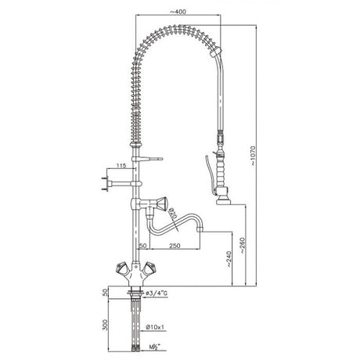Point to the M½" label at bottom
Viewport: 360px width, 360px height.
[157, 345]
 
